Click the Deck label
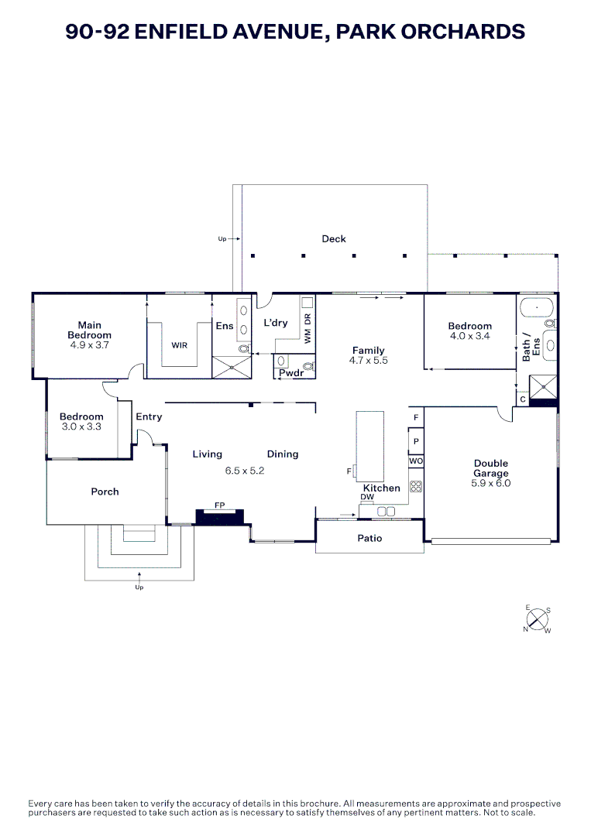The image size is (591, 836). (334, 239)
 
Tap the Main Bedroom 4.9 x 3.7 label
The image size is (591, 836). (89, 335)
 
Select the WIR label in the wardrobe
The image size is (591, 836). (180, 345)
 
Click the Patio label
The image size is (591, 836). (369, 538)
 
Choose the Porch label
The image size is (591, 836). (105, 492)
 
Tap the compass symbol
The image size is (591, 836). (538, 620)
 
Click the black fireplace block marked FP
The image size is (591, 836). (219, 516)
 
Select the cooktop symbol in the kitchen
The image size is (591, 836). (416, 487)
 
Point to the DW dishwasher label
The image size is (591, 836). (367, 497)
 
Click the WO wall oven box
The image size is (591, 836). (416, 461)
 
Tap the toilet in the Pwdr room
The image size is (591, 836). (309, 365)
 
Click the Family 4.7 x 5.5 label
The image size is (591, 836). (368, 355)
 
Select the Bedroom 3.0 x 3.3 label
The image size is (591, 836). (81, 421)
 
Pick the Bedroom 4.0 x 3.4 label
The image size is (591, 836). (469, 331)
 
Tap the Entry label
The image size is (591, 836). (149, 417)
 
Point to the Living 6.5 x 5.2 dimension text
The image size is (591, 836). (245, 470)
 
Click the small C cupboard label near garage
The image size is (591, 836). (523, 399)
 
